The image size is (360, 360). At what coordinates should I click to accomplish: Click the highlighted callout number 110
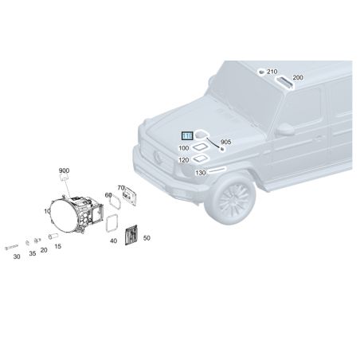pos(187,136)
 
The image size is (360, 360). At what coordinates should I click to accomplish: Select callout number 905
pos(225,142)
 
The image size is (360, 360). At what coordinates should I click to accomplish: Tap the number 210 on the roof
pos(272,72)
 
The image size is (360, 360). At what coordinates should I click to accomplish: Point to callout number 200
pos(298,77)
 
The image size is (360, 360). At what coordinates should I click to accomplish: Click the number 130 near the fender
pos(201,173)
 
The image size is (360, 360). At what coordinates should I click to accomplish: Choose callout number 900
pos(64,170)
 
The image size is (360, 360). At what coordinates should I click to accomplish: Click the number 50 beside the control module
pos(147,238)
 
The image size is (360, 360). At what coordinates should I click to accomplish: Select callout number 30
pos(17,256)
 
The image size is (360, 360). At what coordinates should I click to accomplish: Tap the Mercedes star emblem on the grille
pos(158,157)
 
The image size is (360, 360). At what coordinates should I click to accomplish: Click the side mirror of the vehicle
pos(285,130)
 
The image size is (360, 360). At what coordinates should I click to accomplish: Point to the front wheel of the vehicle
pos(230,199)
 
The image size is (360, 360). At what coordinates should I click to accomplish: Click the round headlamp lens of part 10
pos(63,216)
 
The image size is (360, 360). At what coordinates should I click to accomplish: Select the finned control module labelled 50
pos(131,235)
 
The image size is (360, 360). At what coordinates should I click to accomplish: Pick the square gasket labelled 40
pos(112,223)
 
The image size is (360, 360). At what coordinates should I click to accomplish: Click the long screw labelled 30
pos(11,248)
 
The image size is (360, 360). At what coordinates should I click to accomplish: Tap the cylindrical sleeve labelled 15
pos(53,236)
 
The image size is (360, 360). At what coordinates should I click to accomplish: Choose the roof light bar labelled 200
pos(285,83)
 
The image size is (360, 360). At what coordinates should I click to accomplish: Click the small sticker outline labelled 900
pos(64,178)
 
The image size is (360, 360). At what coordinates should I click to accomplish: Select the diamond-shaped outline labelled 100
pos(201,147)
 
